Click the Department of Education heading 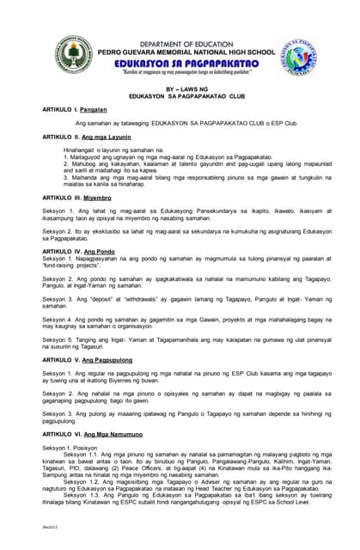click(180, 44)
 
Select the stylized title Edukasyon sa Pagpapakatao click(180, 64)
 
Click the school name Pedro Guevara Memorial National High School click(180, 52)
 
